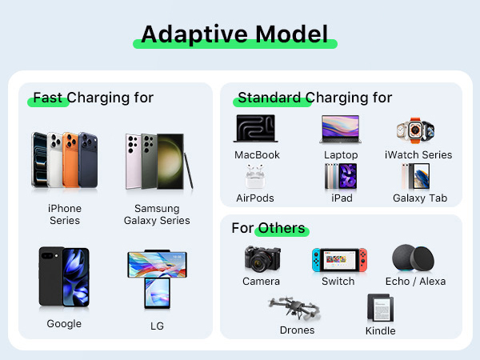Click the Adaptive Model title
pos(234,34)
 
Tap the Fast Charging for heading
pos(93,98)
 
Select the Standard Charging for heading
pos(314,98)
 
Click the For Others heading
pos(268,228)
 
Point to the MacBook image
pos(256,130)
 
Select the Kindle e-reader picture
pos(381,309)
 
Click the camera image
pos(261,259)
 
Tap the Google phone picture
pos(64,277)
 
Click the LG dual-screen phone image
pos(157,279)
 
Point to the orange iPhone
pos(70,160)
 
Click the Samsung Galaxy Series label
pos(157,214)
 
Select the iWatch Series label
pos(418,155)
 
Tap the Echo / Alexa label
pos(415,282)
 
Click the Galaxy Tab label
pos(420,198)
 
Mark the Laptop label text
pos(341,155)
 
